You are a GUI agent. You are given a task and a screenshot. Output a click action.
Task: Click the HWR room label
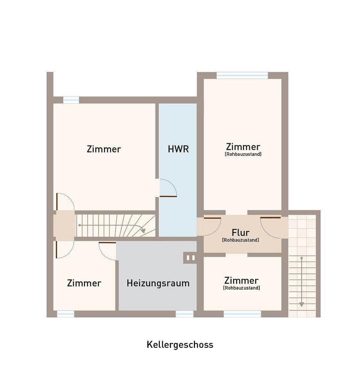click(178, 149)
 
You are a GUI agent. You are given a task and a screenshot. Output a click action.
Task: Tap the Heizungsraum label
click(158, 283)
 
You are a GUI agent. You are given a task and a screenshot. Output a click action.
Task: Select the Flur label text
click(241, 232)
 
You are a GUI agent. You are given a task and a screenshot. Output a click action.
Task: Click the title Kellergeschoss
click(180, 345)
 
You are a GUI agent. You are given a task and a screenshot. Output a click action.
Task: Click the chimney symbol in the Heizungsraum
click(190, 258)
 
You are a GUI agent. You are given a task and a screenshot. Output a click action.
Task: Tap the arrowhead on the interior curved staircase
click(143, 231)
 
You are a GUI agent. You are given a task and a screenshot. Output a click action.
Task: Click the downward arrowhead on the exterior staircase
click(302, 304)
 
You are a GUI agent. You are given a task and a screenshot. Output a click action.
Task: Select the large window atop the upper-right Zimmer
click(242, 75)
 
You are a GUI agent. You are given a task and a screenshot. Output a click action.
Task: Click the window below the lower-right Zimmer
click(242, 314)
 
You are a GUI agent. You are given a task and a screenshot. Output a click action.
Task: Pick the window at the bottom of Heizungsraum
click(184, 314)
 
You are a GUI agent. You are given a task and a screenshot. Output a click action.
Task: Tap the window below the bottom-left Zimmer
click(65, 314)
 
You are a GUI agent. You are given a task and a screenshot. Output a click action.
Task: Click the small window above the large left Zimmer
click(71, 100)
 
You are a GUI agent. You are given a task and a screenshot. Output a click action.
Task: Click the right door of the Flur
click(271, 226)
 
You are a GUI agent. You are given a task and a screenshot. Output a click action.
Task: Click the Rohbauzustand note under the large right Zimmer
click(243, 154)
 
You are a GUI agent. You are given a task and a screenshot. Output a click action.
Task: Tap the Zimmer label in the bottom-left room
click(84, 283)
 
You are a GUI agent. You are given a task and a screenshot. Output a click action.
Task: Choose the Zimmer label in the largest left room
click(104, 149)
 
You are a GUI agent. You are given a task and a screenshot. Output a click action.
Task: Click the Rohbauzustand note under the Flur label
click(241, 240)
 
